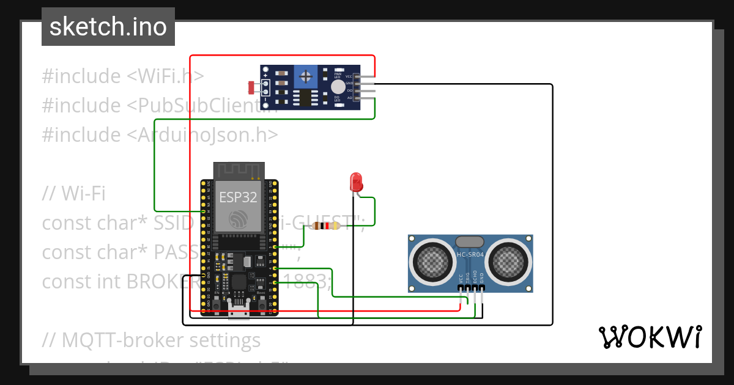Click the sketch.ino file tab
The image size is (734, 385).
[x=108, y=27]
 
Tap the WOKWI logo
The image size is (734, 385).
[x=650, y=337]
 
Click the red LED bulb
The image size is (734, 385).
[x=355, y=182]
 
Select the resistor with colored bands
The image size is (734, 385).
[x=325, y=226]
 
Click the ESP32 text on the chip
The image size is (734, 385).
[x=239, y=197]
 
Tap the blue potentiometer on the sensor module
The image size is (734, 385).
[x=305, y=76]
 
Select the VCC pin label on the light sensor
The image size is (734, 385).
[x=349, y=76]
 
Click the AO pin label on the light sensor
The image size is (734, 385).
[x=349, y=98]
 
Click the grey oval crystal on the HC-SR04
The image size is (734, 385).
[x=470, y=243]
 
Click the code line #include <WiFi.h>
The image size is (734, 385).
[x=123, y=76]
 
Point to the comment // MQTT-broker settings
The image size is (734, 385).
[x=151, y=339]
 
